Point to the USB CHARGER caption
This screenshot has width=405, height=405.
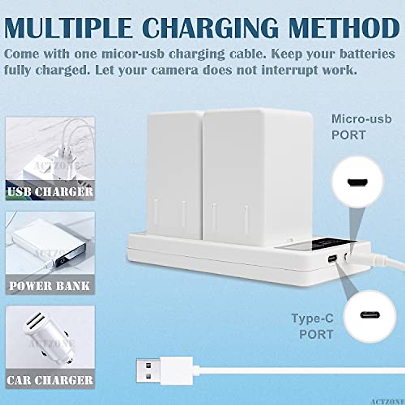click(50, 192)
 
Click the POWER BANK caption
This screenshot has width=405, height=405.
click(50, 286)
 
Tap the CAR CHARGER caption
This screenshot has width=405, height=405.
click(50, 380)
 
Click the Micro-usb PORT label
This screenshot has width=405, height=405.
click(361, 127)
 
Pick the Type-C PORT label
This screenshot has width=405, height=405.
click(312, 326)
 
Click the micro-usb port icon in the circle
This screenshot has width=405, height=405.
click(357, 182)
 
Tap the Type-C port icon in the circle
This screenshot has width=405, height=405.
click(370, 315)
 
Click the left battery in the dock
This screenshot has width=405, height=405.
click(174, 172)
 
